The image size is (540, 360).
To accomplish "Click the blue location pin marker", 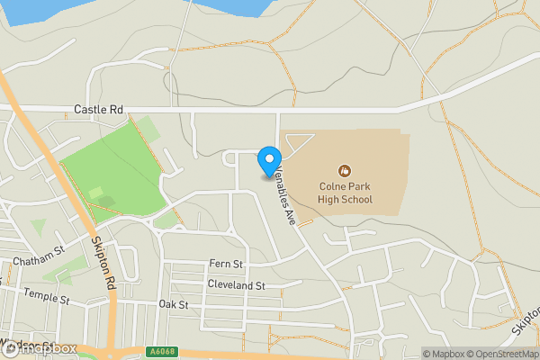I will [x=268, y=161].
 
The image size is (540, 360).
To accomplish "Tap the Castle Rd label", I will [x=98, y=109].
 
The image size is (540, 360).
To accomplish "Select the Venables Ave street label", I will [x=285, y=193].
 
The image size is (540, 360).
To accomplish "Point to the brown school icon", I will [x=343, y=170].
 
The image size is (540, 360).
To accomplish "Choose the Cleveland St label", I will [x=236, y=284].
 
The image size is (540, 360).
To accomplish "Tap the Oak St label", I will [x=173, y=305].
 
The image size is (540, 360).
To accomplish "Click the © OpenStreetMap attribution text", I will [x=499, y=353].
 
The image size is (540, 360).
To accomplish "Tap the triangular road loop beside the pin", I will [x=299, y=142].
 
